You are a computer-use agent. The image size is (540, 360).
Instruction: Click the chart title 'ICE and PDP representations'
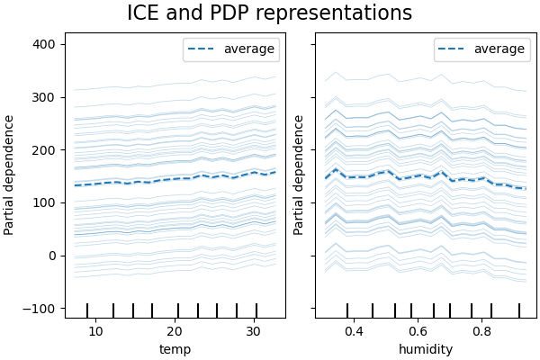click(269, 13)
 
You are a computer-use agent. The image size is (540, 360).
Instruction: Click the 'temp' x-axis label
click(175, 349)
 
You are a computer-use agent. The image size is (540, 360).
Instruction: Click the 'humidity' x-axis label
click(426, 349)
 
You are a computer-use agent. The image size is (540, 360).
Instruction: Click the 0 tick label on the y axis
click(52, 256)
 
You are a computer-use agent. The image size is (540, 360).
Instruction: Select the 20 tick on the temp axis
click(177, 330)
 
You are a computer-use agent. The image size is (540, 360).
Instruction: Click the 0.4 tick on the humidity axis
click(352, 330)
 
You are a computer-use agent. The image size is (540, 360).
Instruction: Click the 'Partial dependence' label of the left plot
click(10, 175)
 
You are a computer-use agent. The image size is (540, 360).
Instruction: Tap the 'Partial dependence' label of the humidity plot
click(300, 175)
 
